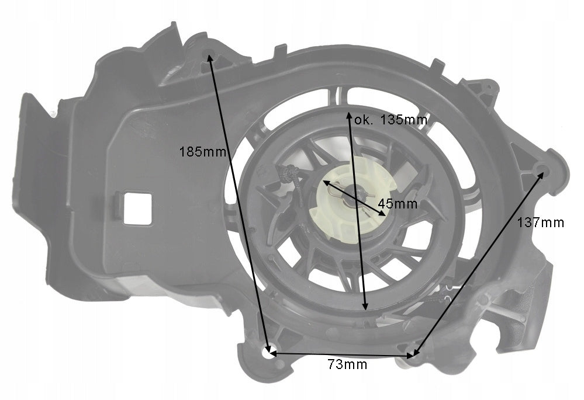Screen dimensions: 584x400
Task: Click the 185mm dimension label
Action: point(203,152)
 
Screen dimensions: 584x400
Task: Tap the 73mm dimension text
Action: point(347,364)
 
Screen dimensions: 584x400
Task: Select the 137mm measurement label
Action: point(540,222)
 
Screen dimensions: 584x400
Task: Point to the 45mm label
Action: point(398,204)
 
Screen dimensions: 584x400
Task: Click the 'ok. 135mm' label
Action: point(391,120)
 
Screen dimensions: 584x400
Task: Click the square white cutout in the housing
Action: point(137,208)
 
